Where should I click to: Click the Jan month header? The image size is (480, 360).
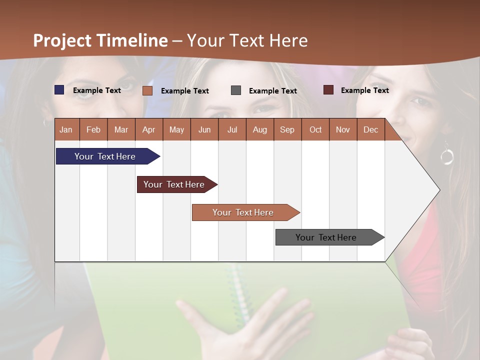point(66,129)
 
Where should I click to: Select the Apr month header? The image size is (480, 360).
point(148,129)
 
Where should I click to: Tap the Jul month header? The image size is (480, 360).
point(232,129)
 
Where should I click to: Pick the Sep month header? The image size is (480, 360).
point(287,129)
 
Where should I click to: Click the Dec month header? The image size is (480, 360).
point(370,129)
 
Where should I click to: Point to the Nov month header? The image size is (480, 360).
point(342,129)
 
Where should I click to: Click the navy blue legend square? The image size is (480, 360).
point(59,90)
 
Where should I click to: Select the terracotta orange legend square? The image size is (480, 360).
point(147,90)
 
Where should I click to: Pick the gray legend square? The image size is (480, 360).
point(236,90)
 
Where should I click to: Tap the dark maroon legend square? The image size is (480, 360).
point(328,90)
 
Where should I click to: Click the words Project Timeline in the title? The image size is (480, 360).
point(100,40)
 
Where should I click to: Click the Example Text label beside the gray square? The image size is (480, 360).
point(272,90)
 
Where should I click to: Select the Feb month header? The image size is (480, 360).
point(93,129)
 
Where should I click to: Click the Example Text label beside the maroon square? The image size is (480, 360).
point(364,90)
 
